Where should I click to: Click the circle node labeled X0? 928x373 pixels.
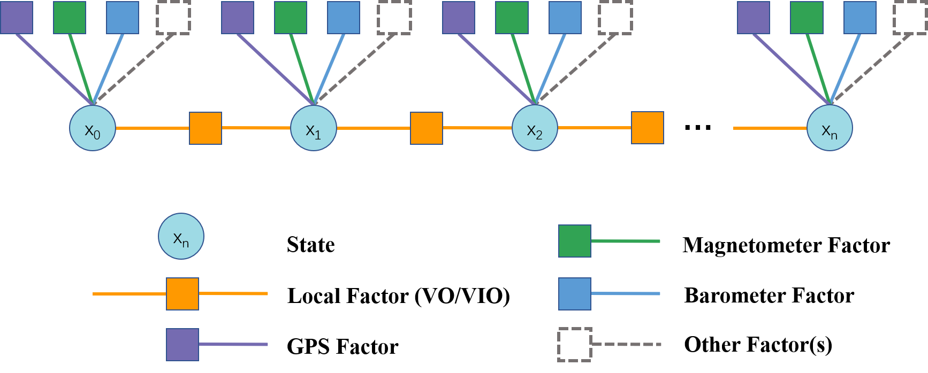pyautogui.click(x=93, y=128)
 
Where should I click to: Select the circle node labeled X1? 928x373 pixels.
pyautogui.click(x=314, y=128)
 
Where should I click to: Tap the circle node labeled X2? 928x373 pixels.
pyautogui.click(x=535, y=128)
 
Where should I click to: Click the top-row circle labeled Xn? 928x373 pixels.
pyautogui.click(x=830, y=128)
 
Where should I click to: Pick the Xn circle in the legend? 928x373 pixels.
pyautogui.click(x=181, y=237)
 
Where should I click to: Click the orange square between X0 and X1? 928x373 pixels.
pyautogui.click(x=206, y=128)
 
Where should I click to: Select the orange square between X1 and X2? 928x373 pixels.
pyautogui.click(x=427, y=128)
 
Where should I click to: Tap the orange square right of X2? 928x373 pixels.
pyautogui.click(x=648, y=128)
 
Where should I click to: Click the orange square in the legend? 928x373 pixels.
pyautogui.click(x=182, y=294)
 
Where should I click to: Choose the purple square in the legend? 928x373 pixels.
pyautogui.click(x=182, y=345)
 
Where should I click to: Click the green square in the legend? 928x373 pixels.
pyautogui.click(x=575, y=241)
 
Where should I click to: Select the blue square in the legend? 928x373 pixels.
pyautogui.click(x=575, y=294)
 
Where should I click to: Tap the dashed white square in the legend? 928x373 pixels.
pyautogui.click(x=575, y=345)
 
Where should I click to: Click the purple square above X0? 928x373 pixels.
pyautogui.click(x=17, y=18)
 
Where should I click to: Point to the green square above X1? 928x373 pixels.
pyautogui.click(x=291, y=18)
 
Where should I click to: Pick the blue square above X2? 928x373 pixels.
pyautogui.click(x=565, y=18)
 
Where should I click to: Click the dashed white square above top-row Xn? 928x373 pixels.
pyautogui.click(x=910, y=18)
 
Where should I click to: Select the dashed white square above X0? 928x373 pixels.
pyautogui.click(x=173, y=18)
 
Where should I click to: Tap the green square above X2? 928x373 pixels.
pyautogui.click(x=512, y=18)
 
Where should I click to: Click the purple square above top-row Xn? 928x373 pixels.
pyautogui.click(x=754, y=18)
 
